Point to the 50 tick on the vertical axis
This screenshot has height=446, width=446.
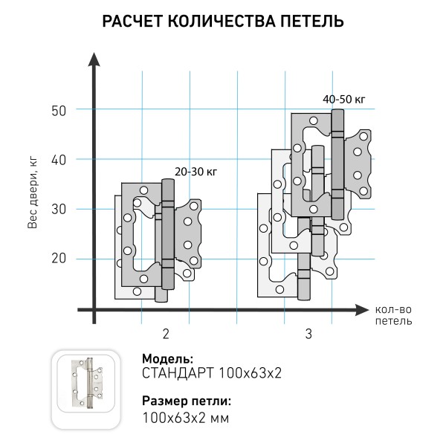point(59,110)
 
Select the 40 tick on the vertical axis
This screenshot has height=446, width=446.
point(59,159)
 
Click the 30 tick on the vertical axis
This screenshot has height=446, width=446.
point(59,209)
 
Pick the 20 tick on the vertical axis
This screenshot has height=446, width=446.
point(59,258)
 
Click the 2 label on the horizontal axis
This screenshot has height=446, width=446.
point(165,334)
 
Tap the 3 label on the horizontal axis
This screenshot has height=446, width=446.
point(308,334)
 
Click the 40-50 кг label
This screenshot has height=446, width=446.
point(344,99)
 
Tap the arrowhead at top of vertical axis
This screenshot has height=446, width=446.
point(94,59)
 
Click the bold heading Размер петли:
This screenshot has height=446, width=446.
point(186,401)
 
